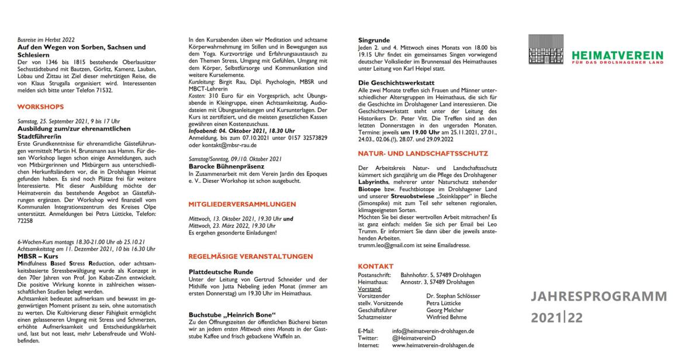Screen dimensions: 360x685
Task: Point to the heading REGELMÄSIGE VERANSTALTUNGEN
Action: coord(250,256)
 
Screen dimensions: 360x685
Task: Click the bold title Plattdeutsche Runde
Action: coord(221,272)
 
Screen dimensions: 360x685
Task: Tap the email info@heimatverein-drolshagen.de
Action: coord(433,330)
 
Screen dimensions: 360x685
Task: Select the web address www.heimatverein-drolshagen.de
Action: coord(433,345)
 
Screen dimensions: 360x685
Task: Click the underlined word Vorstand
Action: coord(369,288)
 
